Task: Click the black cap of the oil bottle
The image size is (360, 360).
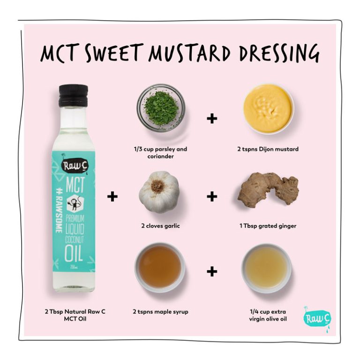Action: (x=73, y=95)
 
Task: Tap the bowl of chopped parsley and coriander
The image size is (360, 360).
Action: (x=161, y=107)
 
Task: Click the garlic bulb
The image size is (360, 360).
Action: (x=159, y=192)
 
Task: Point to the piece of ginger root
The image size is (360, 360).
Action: (x=268, y=190)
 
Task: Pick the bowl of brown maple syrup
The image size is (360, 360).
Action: (x=160, y=268)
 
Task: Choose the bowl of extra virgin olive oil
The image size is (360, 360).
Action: (x=266, y=268)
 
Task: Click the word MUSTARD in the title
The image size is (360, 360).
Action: (x=189, y=53)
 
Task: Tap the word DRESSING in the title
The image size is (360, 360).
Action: (x=279, y=53)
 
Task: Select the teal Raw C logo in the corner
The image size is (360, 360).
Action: (x=317, y=318)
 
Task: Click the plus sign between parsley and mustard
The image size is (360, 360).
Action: (x=212, y=119)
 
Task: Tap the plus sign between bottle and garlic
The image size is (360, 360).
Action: (x=112, y=196)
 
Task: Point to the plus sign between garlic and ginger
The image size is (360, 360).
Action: (x=212, y=196)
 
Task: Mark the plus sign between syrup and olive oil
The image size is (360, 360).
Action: (x=212, y=271)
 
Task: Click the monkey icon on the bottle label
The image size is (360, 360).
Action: (x=75, y=203)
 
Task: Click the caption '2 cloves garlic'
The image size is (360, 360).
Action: (x=160, y=226)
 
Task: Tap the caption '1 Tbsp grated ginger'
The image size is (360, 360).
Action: (x=268, y=226)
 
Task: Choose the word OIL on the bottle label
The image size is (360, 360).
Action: (x=74, y=253)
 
